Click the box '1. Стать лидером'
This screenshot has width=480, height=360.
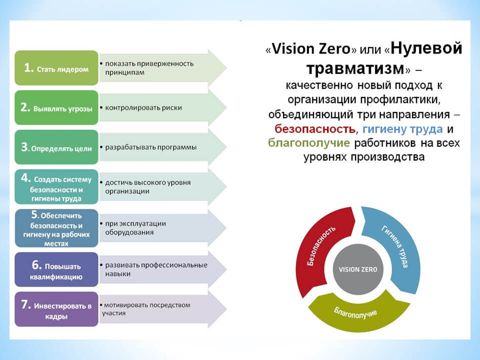pyautogui.click(x=56, y=68)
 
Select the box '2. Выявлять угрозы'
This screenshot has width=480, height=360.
pyautogui.click(x=56, y=107)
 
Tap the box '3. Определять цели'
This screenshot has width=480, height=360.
pyautogui.click(x=56, y=147)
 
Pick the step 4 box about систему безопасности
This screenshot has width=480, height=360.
pyautogui.click(x=56, y=187)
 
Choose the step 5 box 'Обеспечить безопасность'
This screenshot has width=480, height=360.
pyautogui.click(x=56, y=228)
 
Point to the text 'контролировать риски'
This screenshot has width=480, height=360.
pyautogui.click(x=143, y=107)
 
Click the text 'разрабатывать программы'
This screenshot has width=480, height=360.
pyautogui.click(x=150, y=147)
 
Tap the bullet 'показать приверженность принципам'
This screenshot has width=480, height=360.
pyautogui.click(x=148, y=68)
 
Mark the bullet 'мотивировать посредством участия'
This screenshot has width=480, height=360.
pyautogui.click(x=147, y=309)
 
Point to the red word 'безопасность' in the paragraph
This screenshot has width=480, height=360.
pyautogui.click(x=314, y=128)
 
